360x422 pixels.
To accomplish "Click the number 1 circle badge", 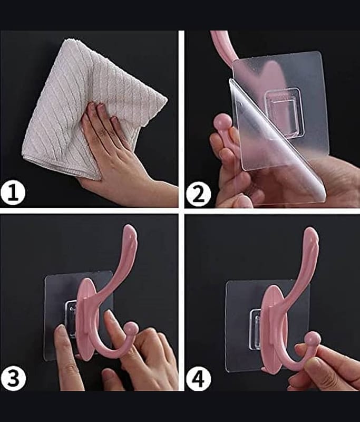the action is coord(13,193).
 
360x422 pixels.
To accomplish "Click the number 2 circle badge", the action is coord(199,194).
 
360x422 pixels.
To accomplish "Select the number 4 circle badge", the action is coord(198,379).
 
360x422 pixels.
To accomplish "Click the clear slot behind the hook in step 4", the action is coord(256,329).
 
